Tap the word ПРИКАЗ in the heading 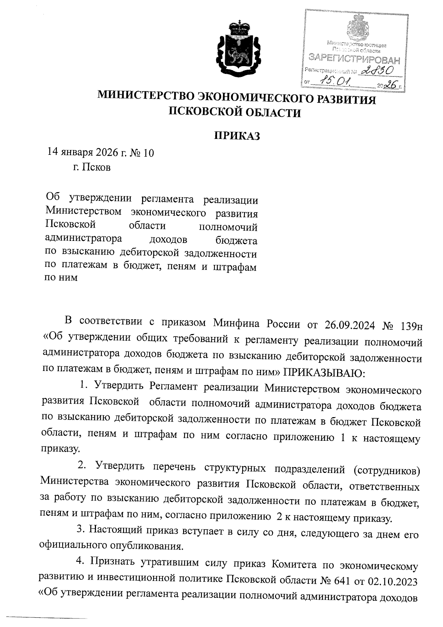[x=237, y=136]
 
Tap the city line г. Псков [x=92, y=168]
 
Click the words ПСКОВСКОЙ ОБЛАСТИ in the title [x=235, y=112]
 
